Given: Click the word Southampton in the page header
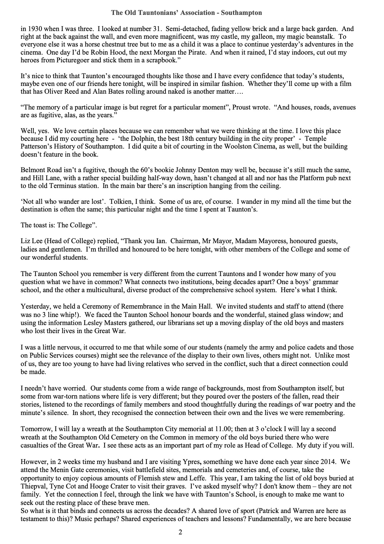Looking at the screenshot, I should tap(244, 13).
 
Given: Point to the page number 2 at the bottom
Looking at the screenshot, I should tap(180, 533).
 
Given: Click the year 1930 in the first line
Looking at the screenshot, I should tap(34, 29).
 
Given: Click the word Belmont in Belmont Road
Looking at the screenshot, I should tap(32, 170).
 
